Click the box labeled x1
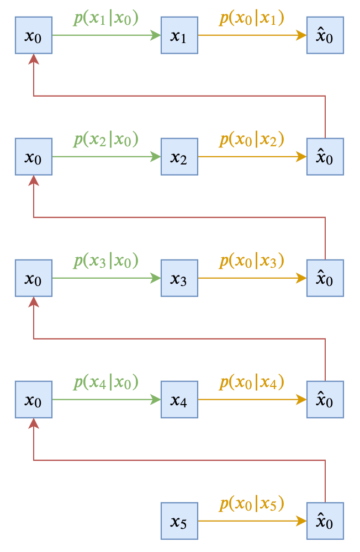coord(179,35)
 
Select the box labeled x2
coord(179,157)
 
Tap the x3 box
coord(179,278)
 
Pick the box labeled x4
coord(179,400)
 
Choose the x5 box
coord(179,521)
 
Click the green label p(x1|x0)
coord(106,18)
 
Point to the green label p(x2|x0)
coord(106,140)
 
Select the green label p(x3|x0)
coord(106,261)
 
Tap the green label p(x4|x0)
coord(106,382)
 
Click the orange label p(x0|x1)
coord(252,18)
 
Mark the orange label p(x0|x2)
coord(252,140)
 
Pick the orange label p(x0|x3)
coord(252,261)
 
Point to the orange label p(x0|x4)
coord(252,382)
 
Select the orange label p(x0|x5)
coord(252,503)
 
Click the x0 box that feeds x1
coord(34,35)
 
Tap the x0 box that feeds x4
coord(34,400)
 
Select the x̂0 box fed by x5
coord(325,521)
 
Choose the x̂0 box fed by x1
coord(325,35)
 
